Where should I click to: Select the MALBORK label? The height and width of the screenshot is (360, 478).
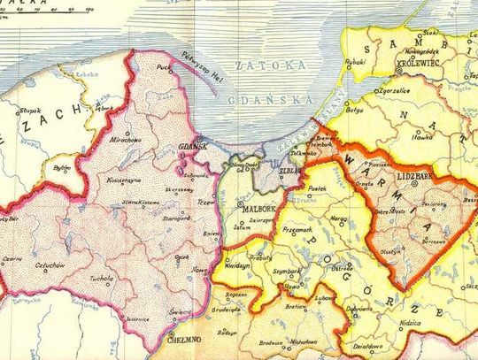[x=259, y=209]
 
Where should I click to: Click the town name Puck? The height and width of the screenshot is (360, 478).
[x=163, y=66]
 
